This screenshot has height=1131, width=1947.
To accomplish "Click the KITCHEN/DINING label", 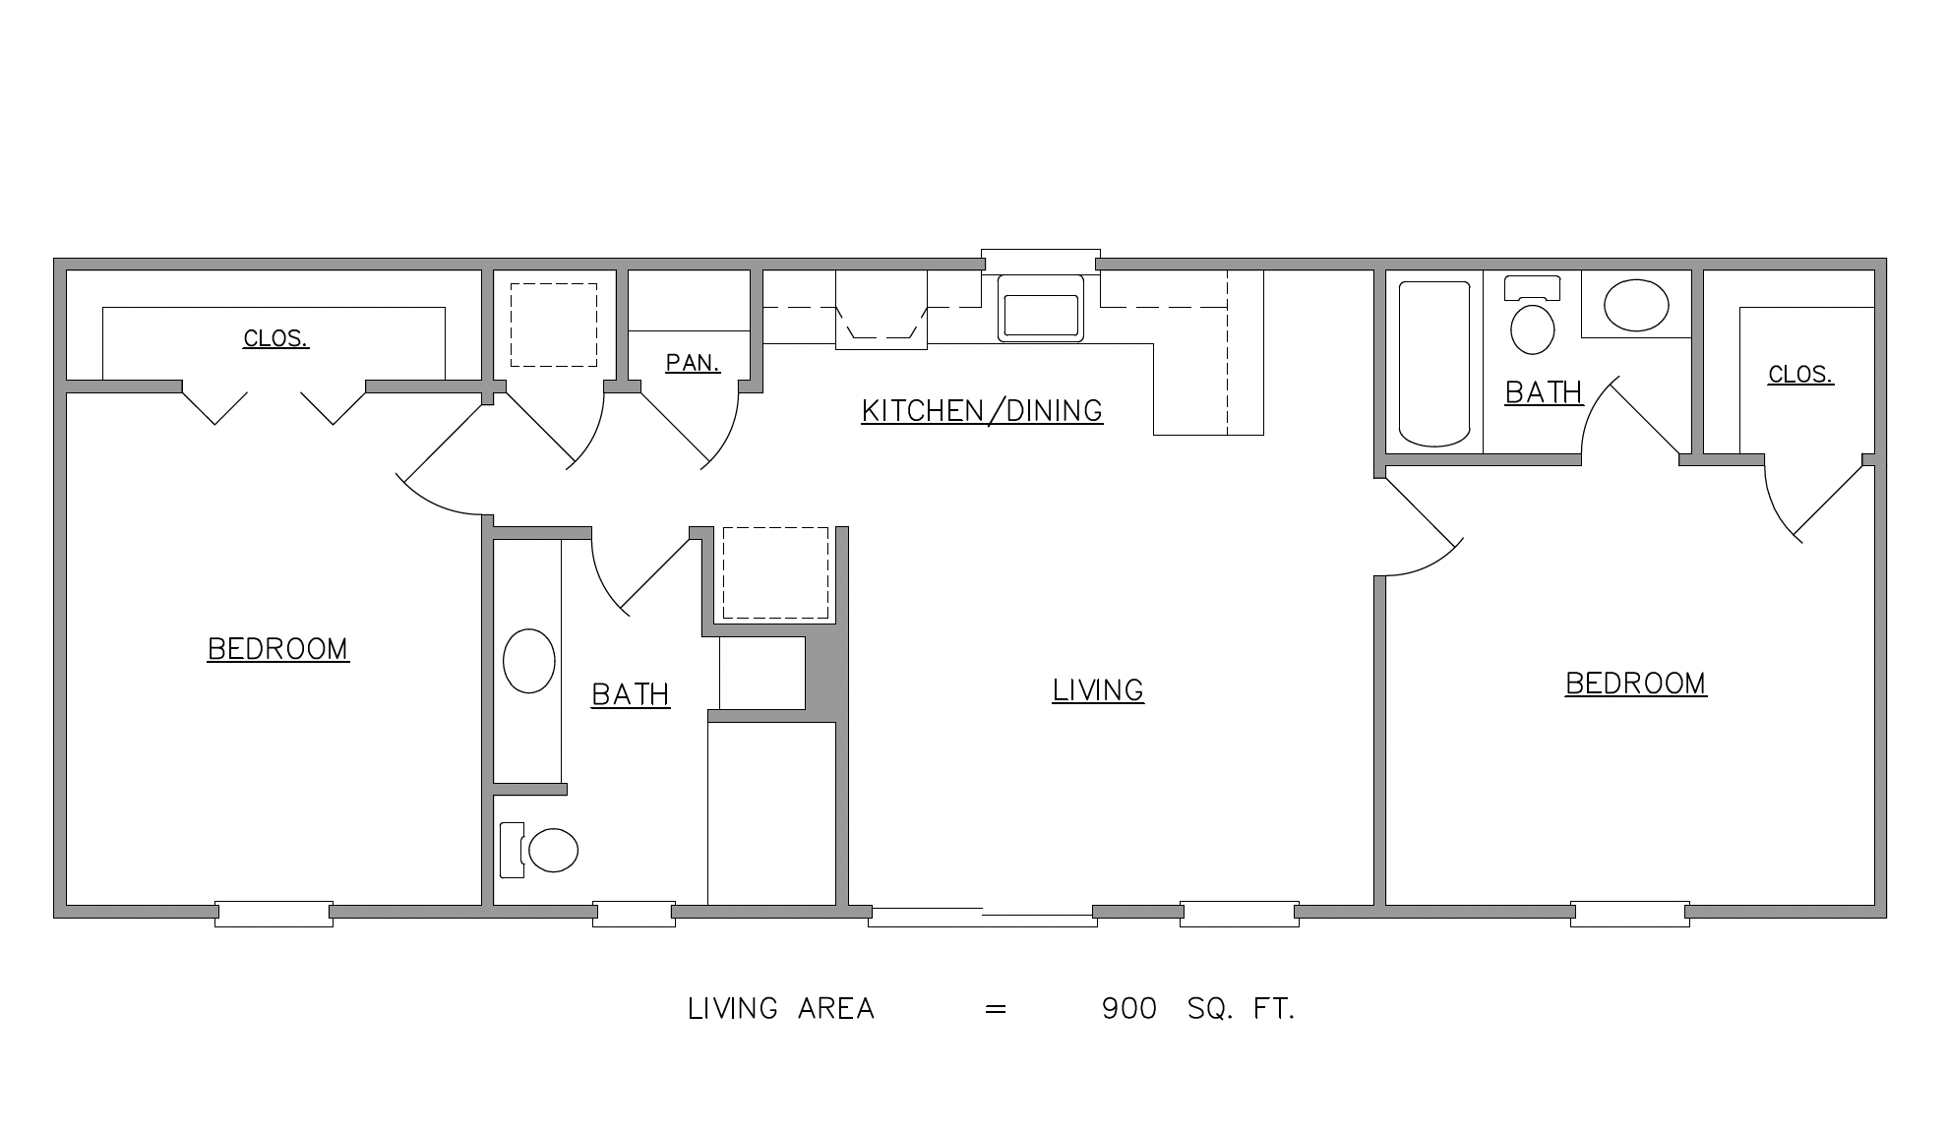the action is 982,410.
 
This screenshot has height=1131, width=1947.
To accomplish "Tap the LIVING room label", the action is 1098,690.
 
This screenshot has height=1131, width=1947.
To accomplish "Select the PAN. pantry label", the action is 693,363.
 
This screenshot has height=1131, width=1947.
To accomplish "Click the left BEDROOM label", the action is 278,649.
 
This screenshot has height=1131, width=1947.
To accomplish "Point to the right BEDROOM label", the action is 1636,684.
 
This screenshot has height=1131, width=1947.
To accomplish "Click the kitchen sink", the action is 1041,308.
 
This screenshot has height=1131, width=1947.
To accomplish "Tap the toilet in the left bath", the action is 539,850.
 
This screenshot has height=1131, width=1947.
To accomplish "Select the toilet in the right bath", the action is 1532,315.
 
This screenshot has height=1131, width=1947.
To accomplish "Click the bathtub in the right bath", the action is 1434,364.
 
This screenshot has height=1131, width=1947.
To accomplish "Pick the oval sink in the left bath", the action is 529,661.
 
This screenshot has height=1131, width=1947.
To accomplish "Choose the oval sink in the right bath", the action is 1636,305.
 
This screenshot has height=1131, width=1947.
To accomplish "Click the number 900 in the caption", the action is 1129,1009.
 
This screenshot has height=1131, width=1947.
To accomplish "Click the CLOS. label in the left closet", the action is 276,339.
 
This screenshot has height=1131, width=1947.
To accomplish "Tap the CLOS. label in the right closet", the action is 1801,375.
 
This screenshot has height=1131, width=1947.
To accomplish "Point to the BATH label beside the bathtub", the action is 1544,392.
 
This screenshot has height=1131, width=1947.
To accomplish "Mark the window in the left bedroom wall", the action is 274,914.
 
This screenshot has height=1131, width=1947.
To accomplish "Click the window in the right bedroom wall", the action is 1629,914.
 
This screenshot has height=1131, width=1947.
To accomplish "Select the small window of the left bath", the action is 634,914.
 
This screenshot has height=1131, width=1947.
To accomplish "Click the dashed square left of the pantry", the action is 553,326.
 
